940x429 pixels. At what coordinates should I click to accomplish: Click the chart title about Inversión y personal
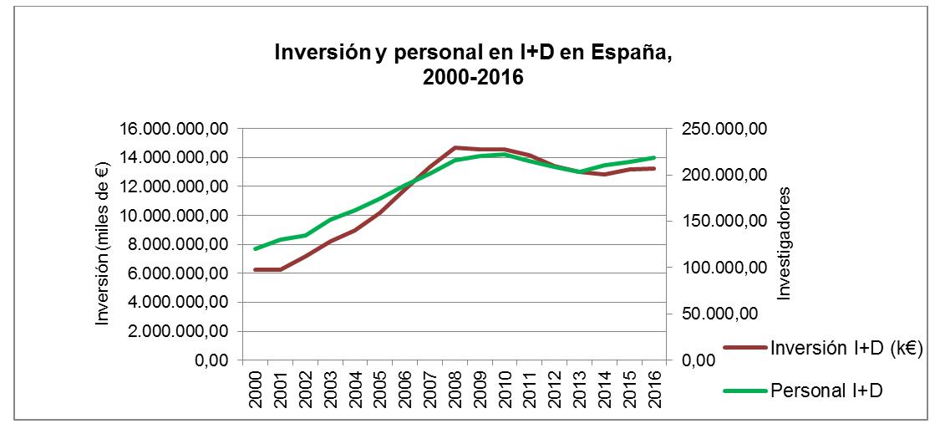[x=473, y=65]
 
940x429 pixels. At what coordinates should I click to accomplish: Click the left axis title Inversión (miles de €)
[x=103, y=243]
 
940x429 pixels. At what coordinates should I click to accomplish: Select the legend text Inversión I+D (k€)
[x=846, y=350]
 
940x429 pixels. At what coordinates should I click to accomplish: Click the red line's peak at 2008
[x=455, y=147]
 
